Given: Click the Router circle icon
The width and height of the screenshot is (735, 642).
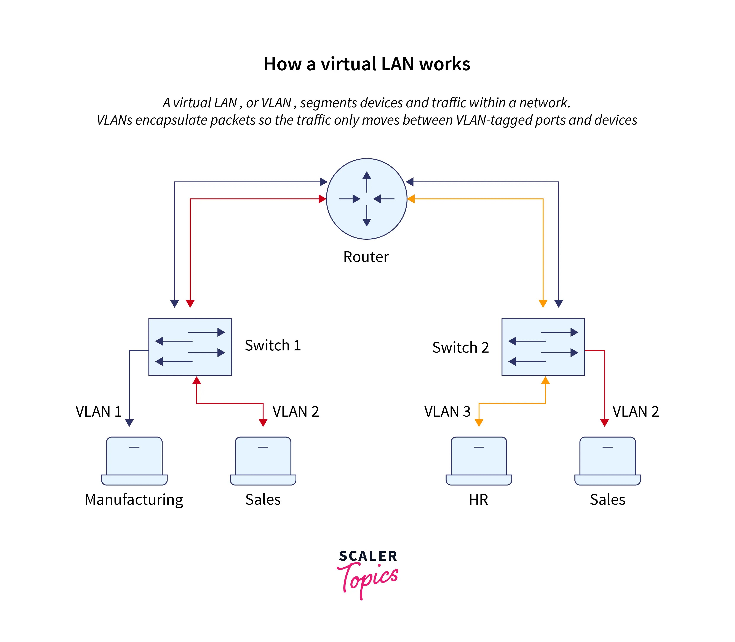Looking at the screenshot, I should pos(367,199).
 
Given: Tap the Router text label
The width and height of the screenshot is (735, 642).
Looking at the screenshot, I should pos(366,257).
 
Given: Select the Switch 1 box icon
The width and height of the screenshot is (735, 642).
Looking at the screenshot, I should pos(190,347).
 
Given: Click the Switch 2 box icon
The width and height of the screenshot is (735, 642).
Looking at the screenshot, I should pos(543,347).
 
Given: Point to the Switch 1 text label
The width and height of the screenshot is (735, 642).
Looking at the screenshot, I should pos(273,345).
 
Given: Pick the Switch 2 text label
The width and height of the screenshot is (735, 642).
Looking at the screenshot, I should pos(460,348).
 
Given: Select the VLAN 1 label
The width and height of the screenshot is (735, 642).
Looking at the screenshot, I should pos(98,412).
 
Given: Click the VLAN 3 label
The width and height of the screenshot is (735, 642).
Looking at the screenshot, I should pos(447,412).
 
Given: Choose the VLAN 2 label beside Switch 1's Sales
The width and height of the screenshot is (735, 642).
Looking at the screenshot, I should pos(295,412).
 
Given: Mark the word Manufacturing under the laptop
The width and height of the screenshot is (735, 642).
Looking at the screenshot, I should pos(134,500).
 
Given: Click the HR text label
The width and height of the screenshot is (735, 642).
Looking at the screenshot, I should pos(478,500).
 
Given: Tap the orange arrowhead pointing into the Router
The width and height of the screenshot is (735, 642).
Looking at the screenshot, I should pos(411,199).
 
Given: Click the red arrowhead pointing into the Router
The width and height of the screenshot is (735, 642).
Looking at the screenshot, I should pos(322,199).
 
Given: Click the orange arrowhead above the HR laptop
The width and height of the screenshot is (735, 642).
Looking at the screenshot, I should pos(479,423).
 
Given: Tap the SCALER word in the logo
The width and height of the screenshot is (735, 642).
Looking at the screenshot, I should pos(368,556).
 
